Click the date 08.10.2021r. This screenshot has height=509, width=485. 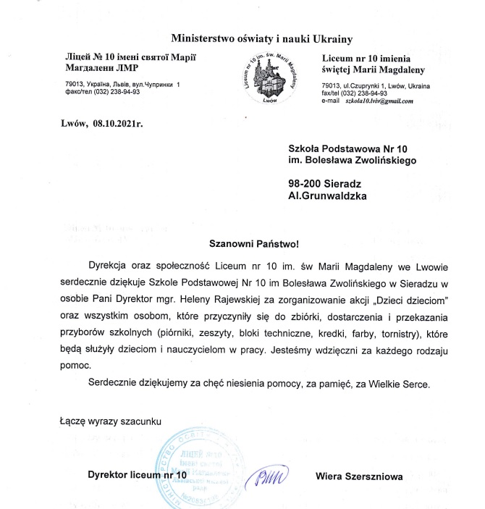point(118,123)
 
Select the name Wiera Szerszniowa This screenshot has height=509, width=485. point(359,476)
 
